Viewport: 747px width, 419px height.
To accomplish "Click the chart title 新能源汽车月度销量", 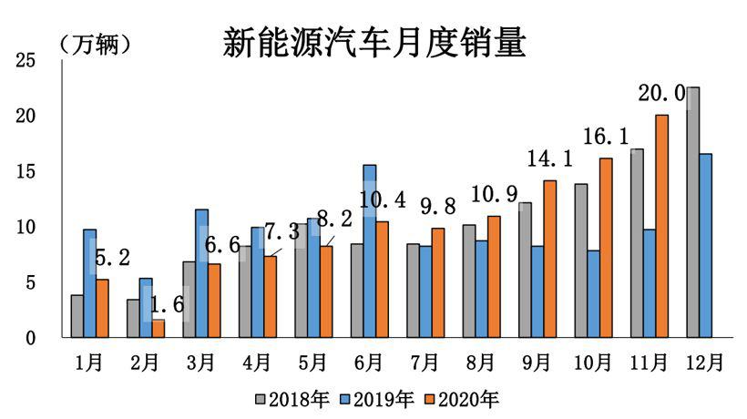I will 373,42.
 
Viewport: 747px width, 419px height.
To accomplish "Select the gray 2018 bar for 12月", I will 693,212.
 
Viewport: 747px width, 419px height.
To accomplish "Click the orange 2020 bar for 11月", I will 661,226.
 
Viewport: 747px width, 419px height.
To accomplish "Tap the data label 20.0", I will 662,95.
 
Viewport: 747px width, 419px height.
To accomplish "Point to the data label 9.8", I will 436,208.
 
